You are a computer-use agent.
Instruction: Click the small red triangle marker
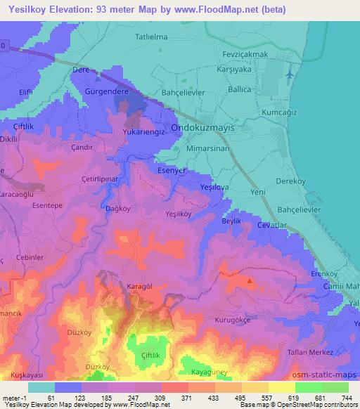point(250,281)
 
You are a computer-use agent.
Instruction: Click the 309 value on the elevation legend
point(160,397)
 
